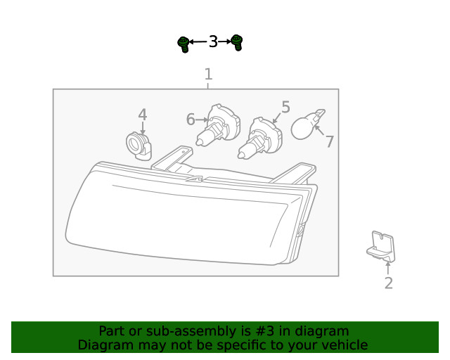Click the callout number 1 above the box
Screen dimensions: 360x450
[x=208, y=75]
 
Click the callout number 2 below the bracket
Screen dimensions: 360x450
[x=388, y=283]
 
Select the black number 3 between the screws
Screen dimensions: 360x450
[x=213, y=42]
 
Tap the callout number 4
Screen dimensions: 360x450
[x=143, y=115]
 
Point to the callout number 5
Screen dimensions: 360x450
[x=285, y=107]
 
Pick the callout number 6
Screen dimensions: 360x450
[x=191, y=120]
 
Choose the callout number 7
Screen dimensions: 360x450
[x=329, y=141]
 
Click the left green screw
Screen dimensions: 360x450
[x=184, y=44]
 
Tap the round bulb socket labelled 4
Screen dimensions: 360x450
[x=137, y=146]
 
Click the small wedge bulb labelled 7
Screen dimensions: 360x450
[x=307, y=127]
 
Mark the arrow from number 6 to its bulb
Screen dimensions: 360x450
[x=202, y=120]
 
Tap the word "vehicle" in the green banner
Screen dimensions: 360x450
[x=344, y=345]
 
